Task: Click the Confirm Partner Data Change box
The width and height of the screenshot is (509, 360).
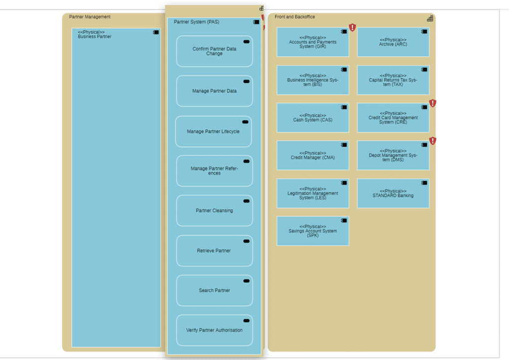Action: tap(214, 51)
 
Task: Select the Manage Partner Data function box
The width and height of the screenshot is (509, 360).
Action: tap(214, 91)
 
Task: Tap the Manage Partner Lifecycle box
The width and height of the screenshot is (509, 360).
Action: tap(213, 132)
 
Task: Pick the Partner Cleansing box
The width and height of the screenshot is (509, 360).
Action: tap(214, 211)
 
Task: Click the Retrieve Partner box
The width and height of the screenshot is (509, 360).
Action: tap(214, 251)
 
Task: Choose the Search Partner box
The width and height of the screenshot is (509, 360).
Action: tap(214, 290)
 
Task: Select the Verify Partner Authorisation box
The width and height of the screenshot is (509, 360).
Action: tap(214, 330)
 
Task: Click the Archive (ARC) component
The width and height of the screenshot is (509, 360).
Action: tap(393, 42)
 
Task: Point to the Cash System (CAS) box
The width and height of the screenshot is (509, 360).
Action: tap(313, 118)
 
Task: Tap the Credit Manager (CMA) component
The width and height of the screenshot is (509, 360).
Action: tap(313, 156)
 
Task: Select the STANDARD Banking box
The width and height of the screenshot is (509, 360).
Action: tap(393, 193)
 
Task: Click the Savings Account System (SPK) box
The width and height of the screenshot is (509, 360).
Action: tap(313, 231)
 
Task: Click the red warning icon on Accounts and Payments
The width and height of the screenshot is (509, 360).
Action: tap(352, 27)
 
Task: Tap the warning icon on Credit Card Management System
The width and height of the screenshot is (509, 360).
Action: tap(433, 103)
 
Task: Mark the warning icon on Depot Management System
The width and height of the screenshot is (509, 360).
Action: tap(433, 141)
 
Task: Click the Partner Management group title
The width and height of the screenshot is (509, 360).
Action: tap(90, 17)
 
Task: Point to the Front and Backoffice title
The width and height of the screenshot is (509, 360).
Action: tap(295, 17)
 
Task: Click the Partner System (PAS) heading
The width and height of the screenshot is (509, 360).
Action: tap(196, 22)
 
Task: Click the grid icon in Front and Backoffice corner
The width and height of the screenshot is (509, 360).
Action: tap(430, 18)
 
